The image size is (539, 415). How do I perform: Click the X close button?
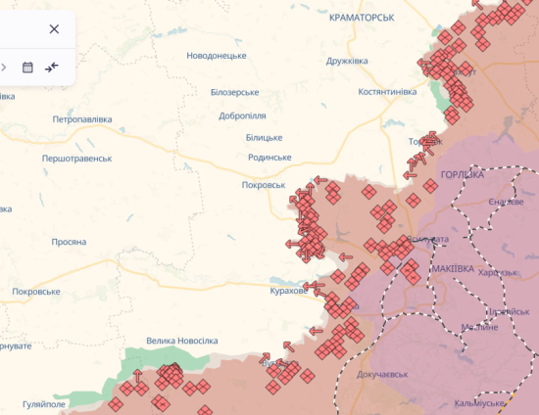click(54, 29)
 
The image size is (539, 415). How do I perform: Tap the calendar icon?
click(27, 68)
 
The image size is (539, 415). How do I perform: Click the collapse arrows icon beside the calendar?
click(52, 68)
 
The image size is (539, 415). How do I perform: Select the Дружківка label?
click(347, 61)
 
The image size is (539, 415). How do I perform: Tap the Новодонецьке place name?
click(223, 56)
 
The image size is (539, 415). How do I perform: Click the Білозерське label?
click(234, 92)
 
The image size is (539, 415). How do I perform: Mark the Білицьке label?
click(264, 139)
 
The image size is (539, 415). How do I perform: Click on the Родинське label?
click(269, 158)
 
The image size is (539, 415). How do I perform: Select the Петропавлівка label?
click(82, 119)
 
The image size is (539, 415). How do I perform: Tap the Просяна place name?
click(69, 242)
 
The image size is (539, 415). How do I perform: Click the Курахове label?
click(289, 291)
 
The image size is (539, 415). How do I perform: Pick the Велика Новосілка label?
click(181, 341)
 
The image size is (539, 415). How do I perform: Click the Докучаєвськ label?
click(382, 374)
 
